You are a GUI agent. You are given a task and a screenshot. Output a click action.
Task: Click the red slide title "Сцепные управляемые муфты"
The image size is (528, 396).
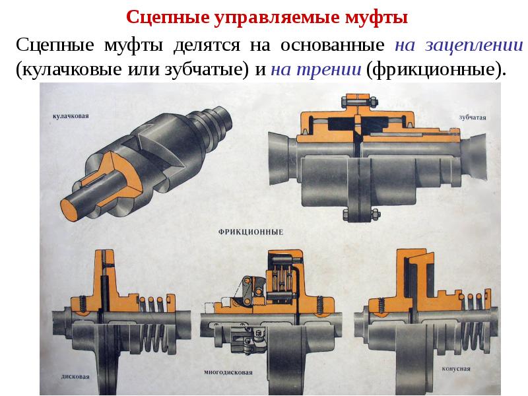(x=267, y=17)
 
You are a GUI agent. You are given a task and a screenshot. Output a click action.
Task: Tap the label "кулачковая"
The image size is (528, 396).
(x=71, y=116)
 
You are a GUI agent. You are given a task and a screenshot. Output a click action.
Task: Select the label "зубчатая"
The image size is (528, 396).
(x=473, y=117)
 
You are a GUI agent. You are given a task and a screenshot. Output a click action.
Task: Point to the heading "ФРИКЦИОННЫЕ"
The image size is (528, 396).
(x=251, y=232)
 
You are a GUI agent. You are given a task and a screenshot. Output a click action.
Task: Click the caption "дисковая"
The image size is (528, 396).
(x=75, y=376)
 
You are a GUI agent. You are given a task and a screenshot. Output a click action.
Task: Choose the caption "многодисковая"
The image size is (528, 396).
(x=228, y=372)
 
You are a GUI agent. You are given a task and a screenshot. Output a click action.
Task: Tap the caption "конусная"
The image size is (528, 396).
(x=456, y=369)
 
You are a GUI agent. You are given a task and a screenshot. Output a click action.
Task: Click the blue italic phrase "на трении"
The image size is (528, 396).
(x=316, y=69)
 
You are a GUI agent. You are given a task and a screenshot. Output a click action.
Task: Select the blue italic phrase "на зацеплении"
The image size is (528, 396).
(x=459, y=46)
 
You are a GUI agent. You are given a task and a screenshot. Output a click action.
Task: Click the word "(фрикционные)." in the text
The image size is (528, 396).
(x=436, y=70)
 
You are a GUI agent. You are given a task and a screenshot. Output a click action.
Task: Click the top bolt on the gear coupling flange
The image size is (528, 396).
(x=359, y=101)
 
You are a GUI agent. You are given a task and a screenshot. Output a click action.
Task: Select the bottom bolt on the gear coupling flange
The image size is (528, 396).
(x=359, y=213)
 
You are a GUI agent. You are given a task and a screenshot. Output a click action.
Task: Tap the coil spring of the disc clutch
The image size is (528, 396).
(x=152, y=323)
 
